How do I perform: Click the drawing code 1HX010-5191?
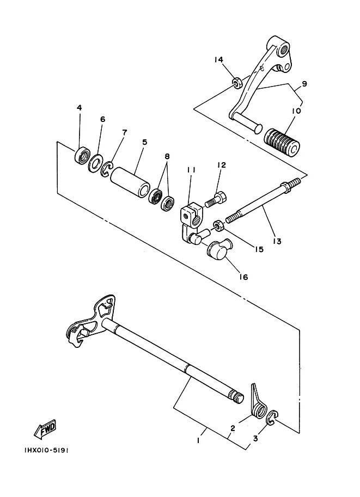(x=46, y=450)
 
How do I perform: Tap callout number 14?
(x=218, y=59)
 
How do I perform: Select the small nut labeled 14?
(x=237, y=83)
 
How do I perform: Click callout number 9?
(x=304, y=84)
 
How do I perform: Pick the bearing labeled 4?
(x=82, y=156)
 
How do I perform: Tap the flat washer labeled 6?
(x=95, y=163)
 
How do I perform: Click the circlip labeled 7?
(x=107, y=169)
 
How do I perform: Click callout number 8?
(x=167, y=156)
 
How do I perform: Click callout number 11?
(x=191, y=170)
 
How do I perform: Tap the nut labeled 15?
(x=218, y=226)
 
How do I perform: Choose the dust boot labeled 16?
(x=219, y=248)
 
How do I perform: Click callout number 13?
(x=277, y=241)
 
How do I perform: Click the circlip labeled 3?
(x=272, y=417)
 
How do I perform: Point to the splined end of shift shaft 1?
(x=236, y=397)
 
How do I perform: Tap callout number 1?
(x=198, y=440)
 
